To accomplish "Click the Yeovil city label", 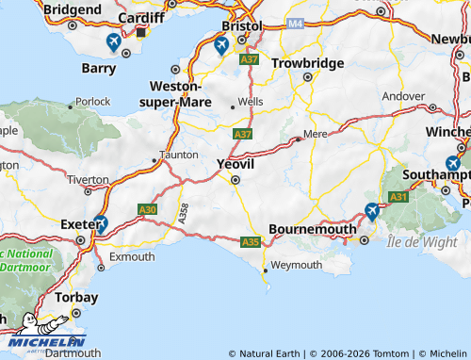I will [x=236, y=163].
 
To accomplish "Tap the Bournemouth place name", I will [x=313, y=229].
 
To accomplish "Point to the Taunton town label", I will [x=179, y=154].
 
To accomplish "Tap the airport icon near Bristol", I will [x=221, y=45].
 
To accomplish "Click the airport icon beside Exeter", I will [x=101, y=223].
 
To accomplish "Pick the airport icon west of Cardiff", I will [x=113, y=41].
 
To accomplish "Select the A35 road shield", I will [x=250, y=242].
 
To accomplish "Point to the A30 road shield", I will [x=148, y=209].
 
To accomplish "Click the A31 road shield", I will [x=398, y=196].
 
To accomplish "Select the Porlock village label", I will [x=93, y=101].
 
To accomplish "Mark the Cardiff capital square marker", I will [x=140, y=31].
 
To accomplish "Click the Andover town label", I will [x=403, y=96].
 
